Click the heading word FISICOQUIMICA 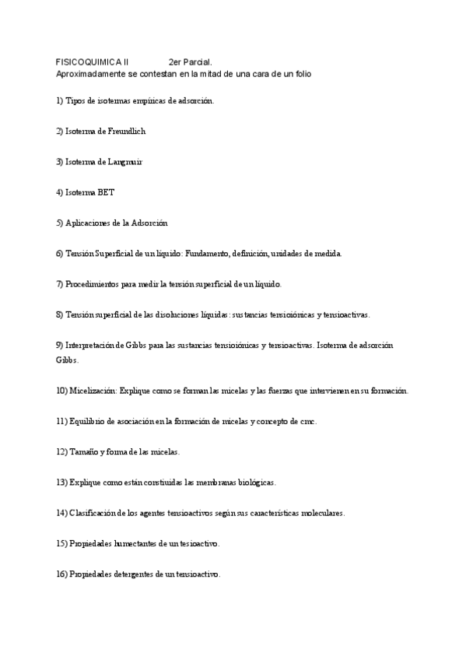[x=89, y=61]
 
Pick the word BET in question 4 [x=105, y=192]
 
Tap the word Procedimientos [x=96, y=284]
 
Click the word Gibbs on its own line [x=67, y=360]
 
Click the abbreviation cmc [x=307, y=421]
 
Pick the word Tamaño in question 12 [x=85, y=451]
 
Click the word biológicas [x=254, y=483]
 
